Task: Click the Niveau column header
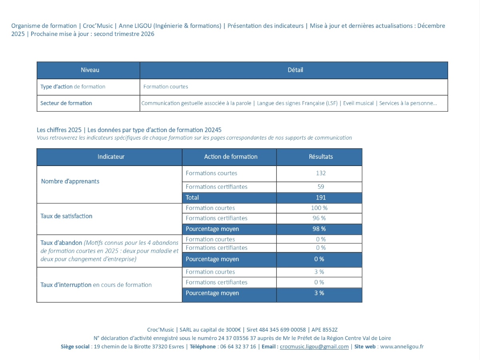point(90,70)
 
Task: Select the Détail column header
point(295,70)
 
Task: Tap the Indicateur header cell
point(111,157)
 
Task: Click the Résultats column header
point(321,157)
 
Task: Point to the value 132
point(321,173)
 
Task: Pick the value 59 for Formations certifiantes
point(321,187)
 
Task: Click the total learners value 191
point(321,198)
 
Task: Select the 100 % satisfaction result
point(319,208)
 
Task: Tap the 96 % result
point(319,218)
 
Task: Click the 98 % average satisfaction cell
point(319,229)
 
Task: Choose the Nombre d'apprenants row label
point(70,181)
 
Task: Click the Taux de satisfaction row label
point(66,216)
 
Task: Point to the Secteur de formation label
point(66,103)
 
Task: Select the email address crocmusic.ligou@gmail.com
point(314,347)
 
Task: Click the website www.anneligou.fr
point(402,347)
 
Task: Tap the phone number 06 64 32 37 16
point(238,347)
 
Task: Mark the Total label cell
point(192,198)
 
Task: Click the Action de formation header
point(231,157)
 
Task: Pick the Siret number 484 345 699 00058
point(282,330)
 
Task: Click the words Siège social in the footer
point(75,347)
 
